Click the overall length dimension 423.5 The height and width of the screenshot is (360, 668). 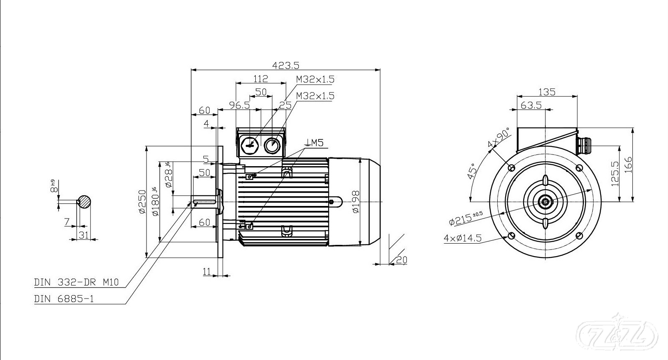pyautogui.click(x=286, y=65)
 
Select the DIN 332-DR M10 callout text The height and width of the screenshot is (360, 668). pyautogui.click(x=76, y=283)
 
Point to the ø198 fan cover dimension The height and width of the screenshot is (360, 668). pyautogui.click(x=355, y=202)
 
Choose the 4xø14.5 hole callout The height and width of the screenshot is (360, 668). pyautogui.click(x=462, y=238)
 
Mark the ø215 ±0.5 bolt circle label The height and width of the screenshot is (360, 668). pyautogui.click(x=465, y=218)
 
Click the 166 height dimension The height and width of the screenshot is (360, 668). pyautogui.click(x=628, y=165)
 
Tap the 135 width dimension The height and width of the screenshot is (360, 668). pyautogui.click(x=547, y=92)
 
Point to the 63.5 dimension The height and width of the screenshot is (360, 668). pyautogui.click(x=531, y=105)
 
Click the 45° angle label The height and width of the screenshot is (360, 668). pyautogui.click(x=472, y=171)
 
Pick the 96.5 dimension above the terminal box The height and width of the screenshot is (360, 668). pyautogui.click(x=239, y=105)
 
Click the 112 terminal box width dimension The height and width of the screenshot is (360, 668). pyautogui.click(x=260, y=78)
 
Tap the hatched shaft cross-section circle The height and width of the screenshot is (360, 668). pyautogui.click(x=85, y=202)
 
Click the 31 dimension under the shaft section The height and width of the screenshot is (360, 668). pyautogui.click(x=84, y=235)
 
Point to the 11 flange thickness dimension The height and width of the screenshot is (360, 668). pyautogui.click(x=207, y=272)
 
